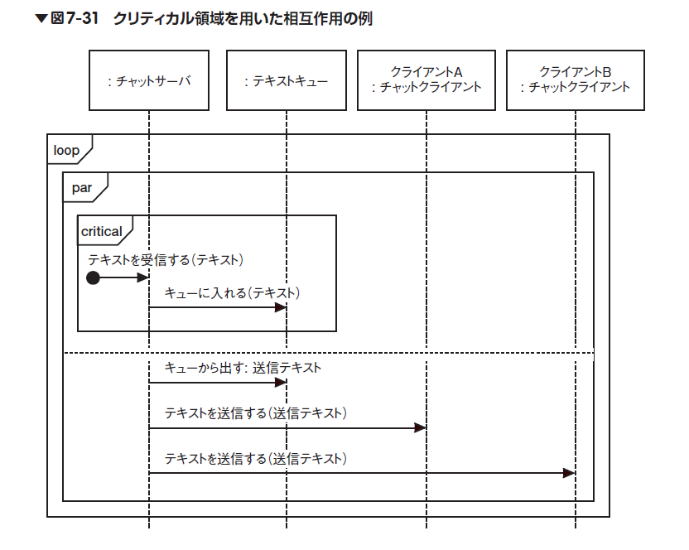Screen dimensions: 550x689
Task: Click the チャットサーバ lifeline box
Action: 148,80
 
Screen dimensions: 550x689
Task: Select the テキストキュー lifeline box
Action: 287,80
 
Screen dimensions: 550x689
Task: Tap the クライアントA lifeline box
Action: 426,80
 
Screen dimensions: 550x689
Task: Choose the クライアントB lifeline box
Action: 575,80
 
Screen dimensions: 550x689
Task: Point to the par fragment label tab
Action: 84,188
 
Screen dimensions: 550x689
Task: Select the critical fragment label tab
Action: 103,231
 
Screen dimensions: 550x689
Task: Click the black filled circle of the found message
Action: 93,278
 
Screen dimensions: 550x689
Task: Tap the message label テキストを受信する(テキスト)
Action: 166,259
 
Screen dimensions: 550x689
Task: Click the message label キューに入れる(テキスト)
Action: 232,292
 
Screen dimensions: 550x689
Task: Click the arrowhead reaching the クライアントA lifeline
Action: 420,427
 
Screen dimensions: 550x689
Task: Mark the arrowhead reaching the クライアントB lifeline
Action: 569,473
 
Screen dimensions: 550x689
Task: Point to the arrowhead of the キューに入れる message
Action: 281,307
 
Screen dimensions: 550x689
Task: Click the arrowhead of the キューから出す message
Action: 281,382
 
